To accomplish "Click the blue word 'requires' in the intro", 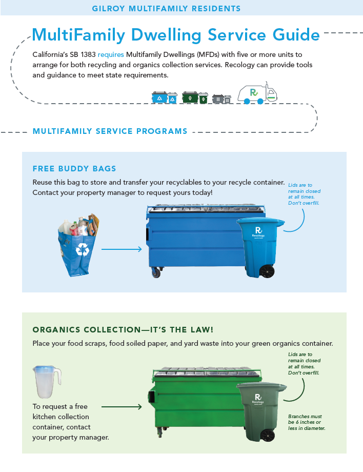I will coord(111,54).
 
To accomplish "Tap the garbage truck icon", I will coord(257,93).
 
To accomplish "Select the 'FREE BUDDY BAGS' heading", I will coord(74,168).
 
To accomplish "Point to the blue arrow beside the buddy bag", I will coord(122,250).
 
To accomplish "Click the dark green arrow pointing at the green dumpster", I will coord(122,407).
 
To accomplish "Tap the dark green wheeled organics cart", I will coord(262,410).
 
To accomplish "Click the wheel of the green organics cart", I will coord(267,435).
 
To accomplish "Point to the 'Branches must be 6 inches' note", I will coord(307,422).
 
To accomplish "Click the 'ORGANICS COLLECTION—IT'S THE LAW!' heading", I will coord(123,329).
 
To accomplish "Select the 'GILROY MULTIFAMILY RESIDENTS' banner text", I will coord(166,9).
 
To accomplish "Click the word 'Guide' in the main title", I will coord(292,35).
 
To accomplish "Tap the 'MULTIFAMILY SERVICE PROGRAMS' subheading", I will coord(110,131).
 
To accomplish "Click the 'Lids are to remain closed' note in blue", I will coord(305,194).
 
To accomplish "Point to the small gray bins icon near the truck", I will coord(221,98).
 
